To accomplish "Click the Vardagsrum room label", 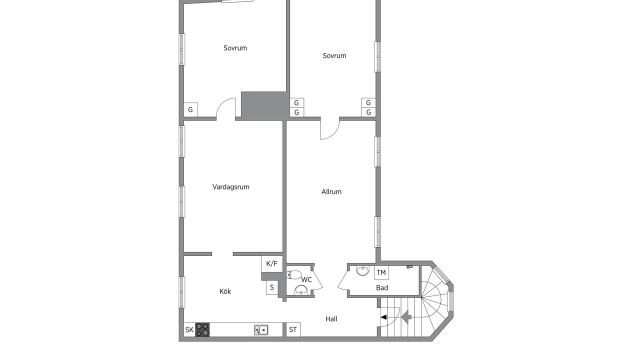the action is click(231, 187).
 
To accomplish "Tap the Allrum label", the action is click(331, 191).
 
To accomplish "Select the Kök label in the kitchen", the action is click(225, 291).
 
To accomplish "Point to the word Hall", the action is click(331, 319).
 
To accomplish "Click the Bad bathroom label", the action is click(382, 287).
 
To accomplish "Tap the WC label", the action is click(306, 279).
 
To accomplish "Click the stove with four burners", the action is click(202, 329).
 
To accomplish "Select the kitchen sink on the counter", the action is click(261, 330).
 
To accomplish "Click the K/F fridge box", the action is click(272, 263).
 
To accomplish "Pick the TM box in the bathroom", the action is click(381, 272).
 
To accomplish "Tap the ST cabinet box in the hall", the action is click(293, 329).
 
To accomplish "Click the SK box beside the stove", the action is click(189, 329).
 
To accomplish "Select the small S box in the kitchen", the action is click(272, 287).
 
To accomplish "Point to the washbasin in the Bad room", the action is click(363, 271).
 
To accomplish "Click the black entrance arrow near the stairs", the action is click(383, 317).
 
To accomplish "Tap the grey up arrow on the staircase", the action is click(406, 317).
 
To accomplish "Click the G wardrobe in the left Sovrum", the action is click(190, 109).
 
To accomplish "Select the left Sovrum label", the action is click(235, 48).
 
